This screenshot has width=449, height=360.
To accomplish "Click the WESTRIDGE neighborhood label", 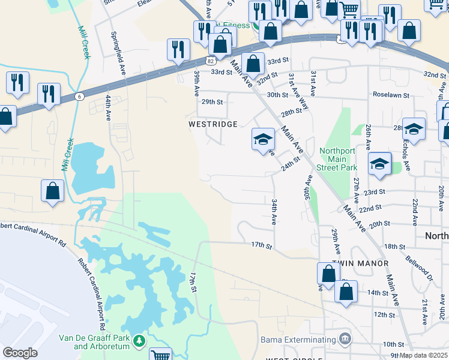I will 213,124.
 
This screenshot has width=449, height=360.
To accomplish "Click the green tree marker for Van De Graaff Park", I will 139,341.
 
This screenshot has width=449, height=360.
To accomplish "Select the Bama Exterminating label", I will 297,340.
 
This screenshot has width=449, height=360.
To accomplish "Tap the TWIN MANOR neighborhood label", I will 360,263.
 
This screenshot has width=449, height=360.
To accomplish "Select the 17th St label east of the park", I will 262,245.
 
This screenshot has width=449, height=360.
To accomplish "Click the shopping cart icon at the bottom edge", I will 160,355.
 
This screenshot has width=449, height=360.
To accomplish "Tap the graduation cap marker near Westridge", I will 262,140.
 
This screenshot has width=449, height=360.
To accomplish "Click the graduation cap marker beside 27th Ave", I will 379,163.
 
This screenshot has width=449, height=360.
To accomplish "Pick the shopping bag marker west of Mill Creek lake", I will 52,191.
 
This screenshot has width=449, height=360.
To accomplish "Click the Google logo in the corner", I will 20,353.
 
